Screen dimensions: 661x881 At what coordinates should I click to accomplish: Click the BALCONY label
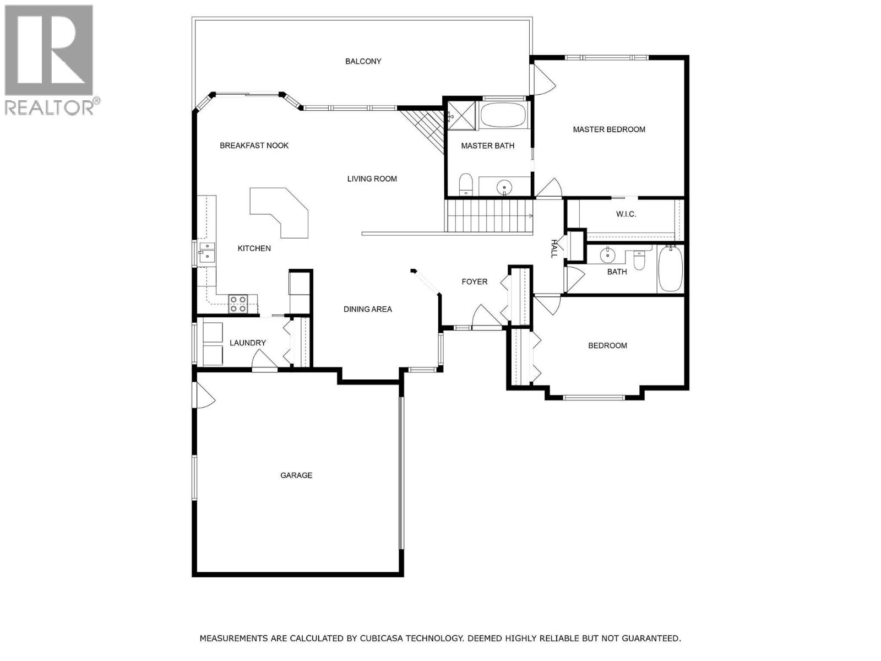(x=363, y=61)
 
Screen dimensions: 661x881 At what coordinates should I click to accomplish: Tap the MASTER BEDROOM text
(x=609, y=129)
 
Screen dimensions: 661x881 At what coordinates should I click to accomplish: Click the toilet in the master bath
(x=466, y=185)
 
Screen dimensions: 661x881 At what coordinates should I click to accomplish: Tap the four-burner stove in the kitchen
(x=238, y=304)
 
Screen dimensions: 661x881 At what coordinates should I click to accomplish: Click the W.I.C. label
(x=626, y=214)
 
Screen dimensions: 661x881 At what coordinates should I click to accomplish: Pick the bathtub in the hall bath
(x=670, y=269)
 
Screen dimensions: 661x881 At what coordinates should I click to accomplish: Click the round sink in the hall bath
(x=608, y=254)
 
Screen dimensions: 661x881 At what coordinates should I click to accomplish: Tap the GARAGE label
(x=296, y=475)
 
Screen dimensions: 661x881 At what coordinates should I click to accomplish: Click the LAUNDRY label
(x=248, y=343)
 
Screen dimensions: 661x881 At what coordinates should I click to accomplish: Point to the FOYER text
(x=474, y=281)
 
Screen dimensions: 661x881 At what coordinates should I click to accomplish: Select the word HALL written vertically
(x=554, y=248)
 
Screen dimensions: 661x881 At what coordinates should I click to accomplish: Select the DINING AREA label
(x=368, y=309)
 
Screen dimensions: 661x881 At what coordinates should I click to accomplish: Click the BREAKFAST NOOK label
(x=254, y=145)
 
